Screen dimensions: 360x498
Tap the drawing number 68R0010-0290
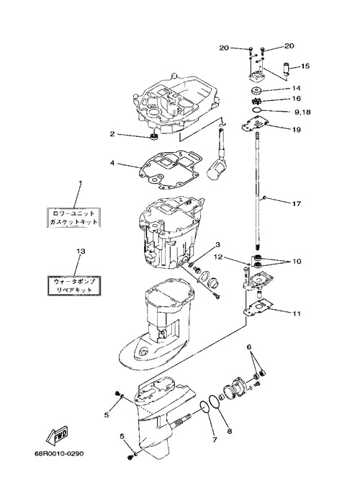tap(59, 453)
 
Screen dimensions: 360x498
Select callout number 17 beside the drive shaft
tap(296, 203)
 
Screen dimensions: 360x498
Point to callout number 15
tap(305, 66)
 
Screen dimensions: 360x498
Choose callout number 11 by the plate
tap(297, 314)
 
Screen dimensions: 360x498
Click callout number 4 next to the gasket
tap(112, 163)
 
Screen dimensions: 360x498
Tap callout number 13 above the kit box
tap(81, 252)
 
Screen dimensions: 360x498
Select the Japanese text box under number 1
tap(73, 218)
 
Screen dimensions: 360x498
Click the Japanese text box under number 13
tap(73, 285)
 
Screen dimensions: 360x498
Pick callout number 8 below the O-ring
tap(230, 431)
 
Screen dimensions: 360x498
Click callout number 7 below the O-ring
tap(215, 440)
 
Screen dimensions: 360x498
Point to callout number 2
tap(112, 134)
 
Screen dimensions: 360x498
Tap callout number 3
tap(217, 244)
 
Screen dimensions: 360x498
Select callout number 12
tap(217, 257)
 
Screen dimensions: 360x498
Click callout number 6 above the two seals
tap(249, 347)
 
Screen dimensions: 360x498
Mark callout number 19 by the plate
tap(296, 130)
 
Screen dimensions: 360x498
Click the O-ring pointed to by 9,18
tap(257, 110)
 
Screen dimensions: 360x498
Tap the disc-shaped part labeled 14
tap(256, 91)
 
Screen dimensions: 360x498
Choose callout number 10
tap(297, 262)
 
